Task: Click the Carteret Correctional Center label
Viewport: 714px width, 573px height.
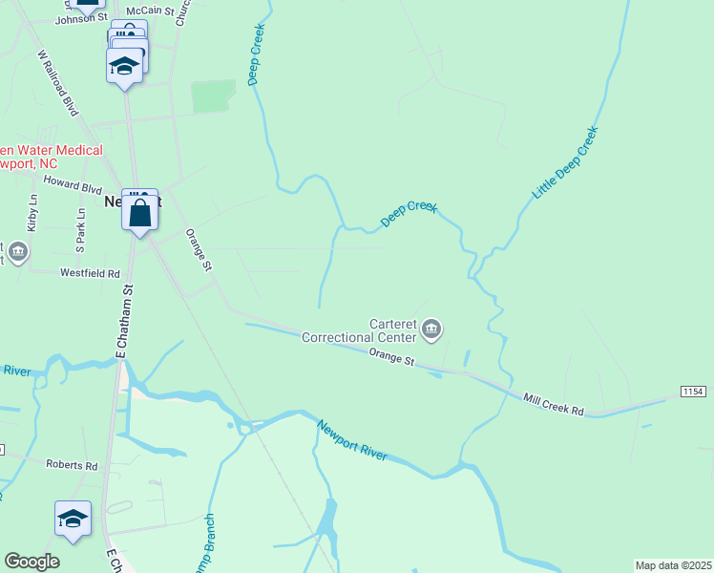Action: (360, 329)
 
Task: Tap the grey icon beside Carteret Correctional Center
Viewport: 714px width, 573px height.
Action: (432, 330)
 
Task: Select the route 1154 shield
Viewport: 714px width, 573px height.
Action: (693, 393)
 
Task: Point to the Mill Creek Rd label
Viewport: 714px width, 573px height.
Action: (553, 403)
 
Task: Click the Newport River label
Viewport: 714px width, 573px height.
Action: (351, 440)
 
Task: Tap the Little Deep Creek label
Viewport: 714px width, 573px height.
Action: (564, 162)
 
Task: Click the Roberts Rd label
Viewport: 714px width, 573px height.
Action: (72, 465)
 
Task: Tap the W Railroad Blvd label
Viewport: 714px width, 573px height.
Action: (57, 84)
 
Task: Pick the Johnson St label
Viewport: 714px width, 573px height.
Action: (83, 18)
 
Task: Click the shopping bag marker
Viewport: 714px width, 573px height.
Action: (139, 213)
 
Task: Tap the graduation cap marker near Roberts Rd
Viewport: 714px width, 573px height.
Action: (73, 520)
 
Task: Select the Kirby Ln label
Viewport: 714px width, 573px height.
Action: (33, 213)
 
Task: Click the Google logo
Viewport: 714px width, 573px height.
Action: (31, 562)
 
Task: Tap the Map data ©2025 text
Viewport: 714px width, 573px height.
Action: (673, 565)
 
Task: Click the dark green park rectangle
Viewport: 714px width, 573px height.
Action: (213, 96)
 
